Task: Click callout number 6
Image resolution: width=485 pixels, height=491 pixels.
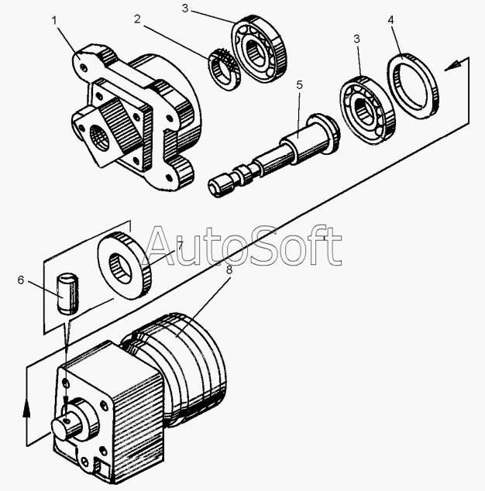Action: pyautogui.click(x=21, y=280)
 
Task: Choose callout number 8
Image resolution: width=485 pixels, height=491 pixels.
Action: pyautogui.click(x=229, y=271)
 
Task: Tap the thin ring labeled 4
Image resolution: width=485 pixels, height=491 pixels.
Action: pyautogui.click(x=416, y=86)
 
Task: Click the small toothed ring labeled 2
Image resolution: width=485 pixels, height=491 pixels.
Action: pyautogui.click(x=222, y=68)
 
